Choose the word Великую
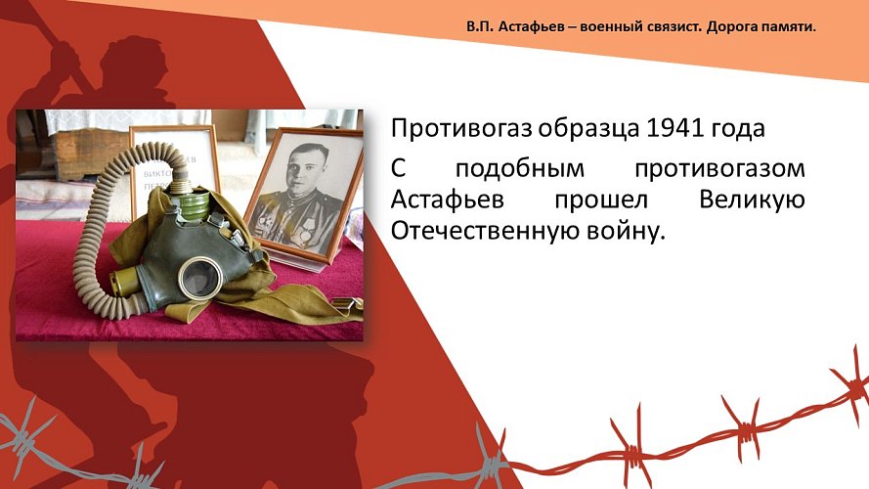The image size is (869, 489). [752, 200]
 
